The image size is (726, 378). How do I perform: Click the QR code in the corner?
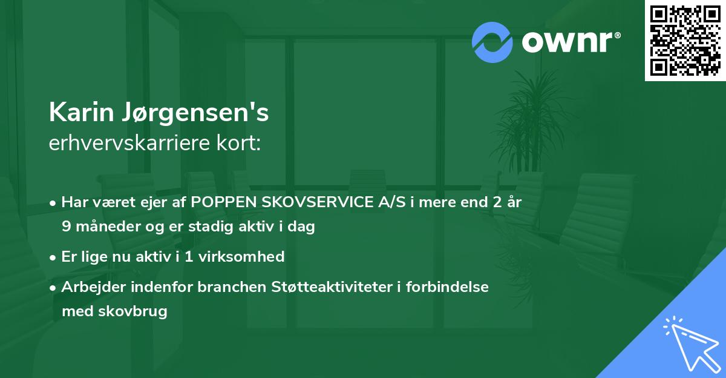[x=685, y=40]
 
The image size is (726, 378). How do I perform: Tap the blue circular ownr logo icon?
[x=492, y=42]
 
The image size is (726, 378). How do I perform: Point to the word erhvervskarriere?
[x=127, y=143]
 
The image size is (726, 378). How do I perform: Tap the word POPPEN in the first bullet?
[x=220, y=203]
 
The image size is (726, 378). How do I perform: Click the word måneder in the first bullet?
[x=105, y=227]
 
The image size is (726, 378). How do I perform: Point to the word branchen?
[x=227, y=287]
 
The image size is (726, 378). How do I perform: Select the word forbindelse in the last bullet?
[x=454, y=287]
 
